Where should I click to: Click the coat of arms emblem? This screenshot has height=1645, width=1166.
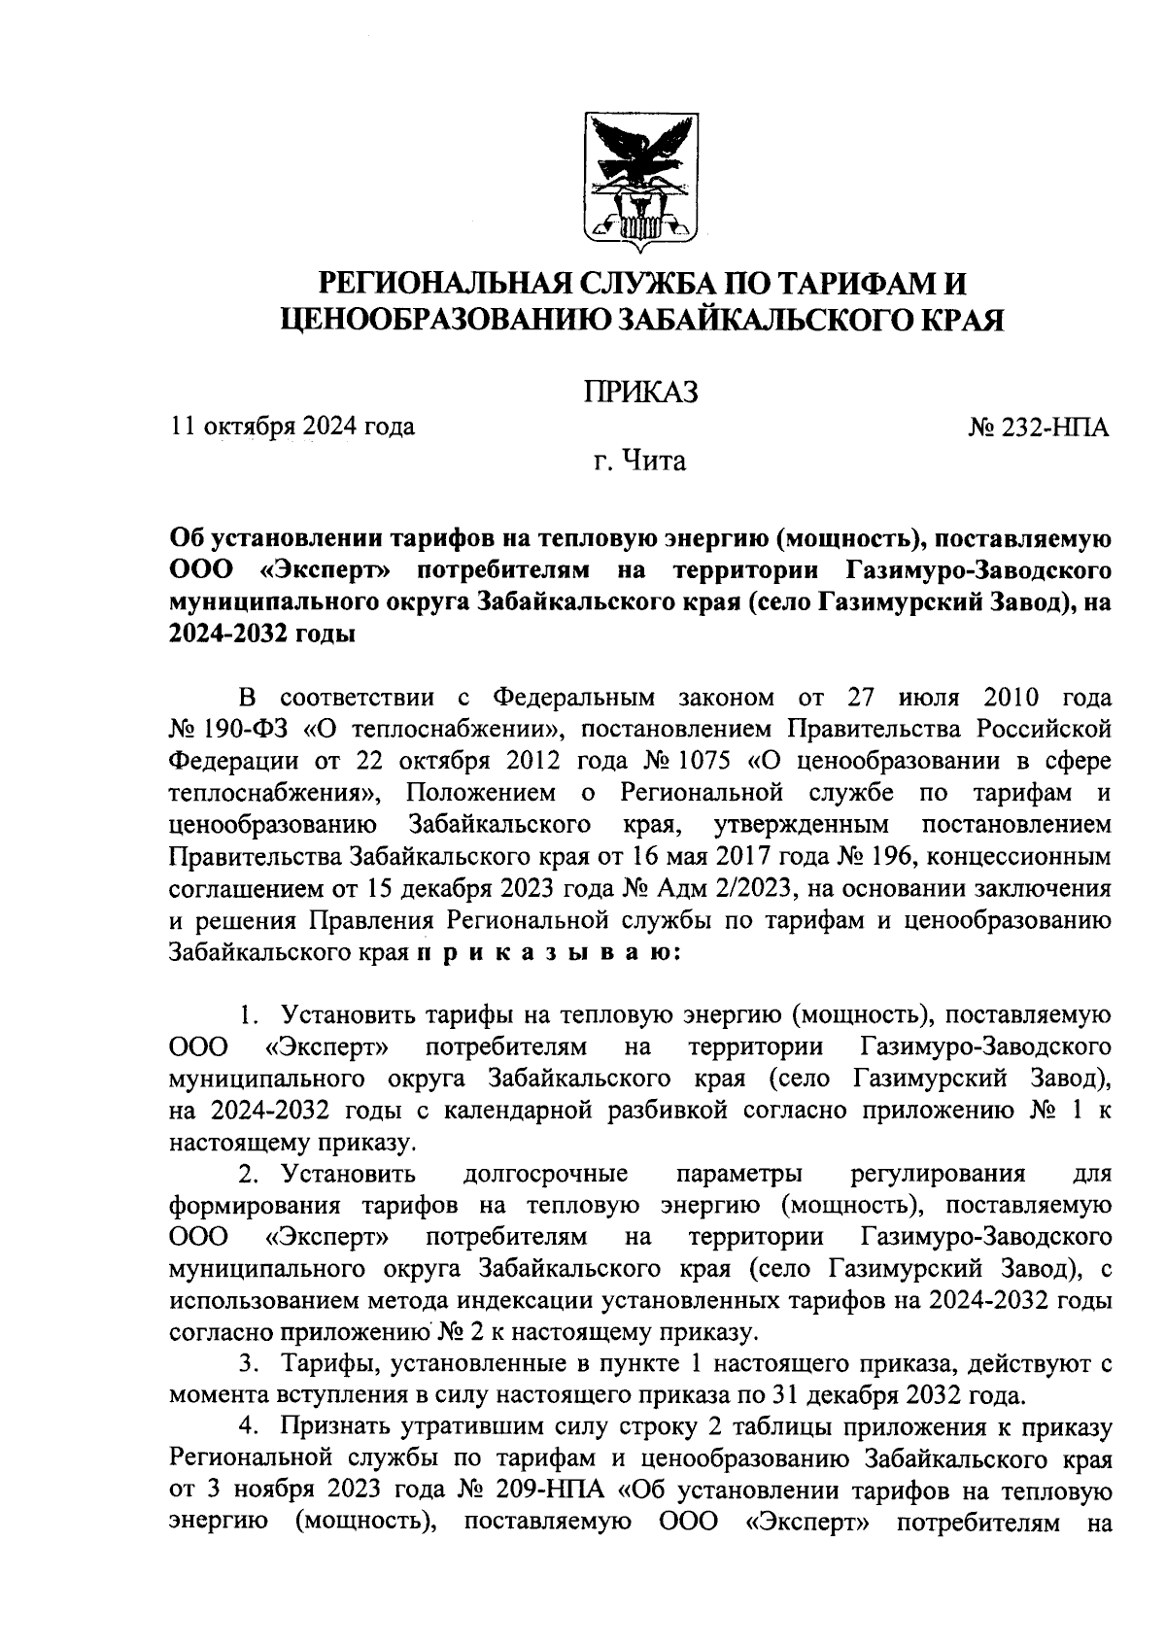point(640,178)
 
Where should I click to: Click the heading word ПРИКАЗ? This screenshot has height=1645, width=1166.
point(640,392)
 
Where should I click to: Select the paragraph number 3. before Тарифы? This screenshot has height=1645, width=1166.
point(250,1364)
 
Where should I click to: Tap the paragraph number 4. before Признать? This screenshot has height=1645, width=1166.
point(250,1427)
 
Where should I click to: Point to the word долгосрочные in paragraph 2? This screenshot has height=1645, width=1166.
point(546,1174)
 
